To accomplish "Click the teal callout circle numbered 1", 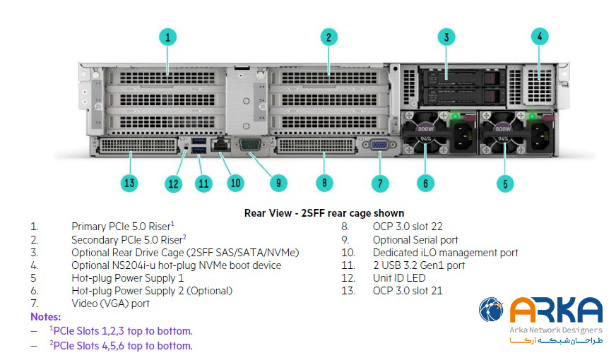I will [x=167, y=37].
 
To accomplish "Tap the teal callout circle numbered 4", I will [x=540, y=37].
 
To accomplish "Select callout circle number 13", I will [x=129, y=184].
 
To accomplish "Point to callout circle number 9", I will [x=278, y=183].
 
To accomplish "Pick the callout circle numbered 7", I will [x=380, y=184].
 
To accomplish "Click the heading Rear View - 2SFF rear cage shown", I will [x=324, y=212].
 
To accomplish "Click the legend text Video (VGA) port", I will [x=110, y=304].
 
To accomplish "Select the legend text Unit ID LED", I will [x=399, y=278].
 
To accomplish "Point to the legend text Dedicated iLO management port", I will [x=445, y=253].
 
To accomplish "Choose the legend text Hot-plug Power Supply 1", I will [x=127, y=278].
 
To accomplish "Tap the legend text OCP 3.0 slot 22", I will [x=408, y=227].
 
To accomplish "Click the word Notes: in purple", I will [x=45, y=317].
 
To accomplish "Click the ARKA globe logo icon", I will [x=492, y=310].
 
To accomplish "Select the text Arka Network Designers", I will [x=555, y=330].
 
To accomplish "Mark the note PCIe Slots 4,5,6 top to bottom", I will [x=120, y=346].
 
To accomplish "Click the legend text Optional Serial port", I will [x=415, y=240].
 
